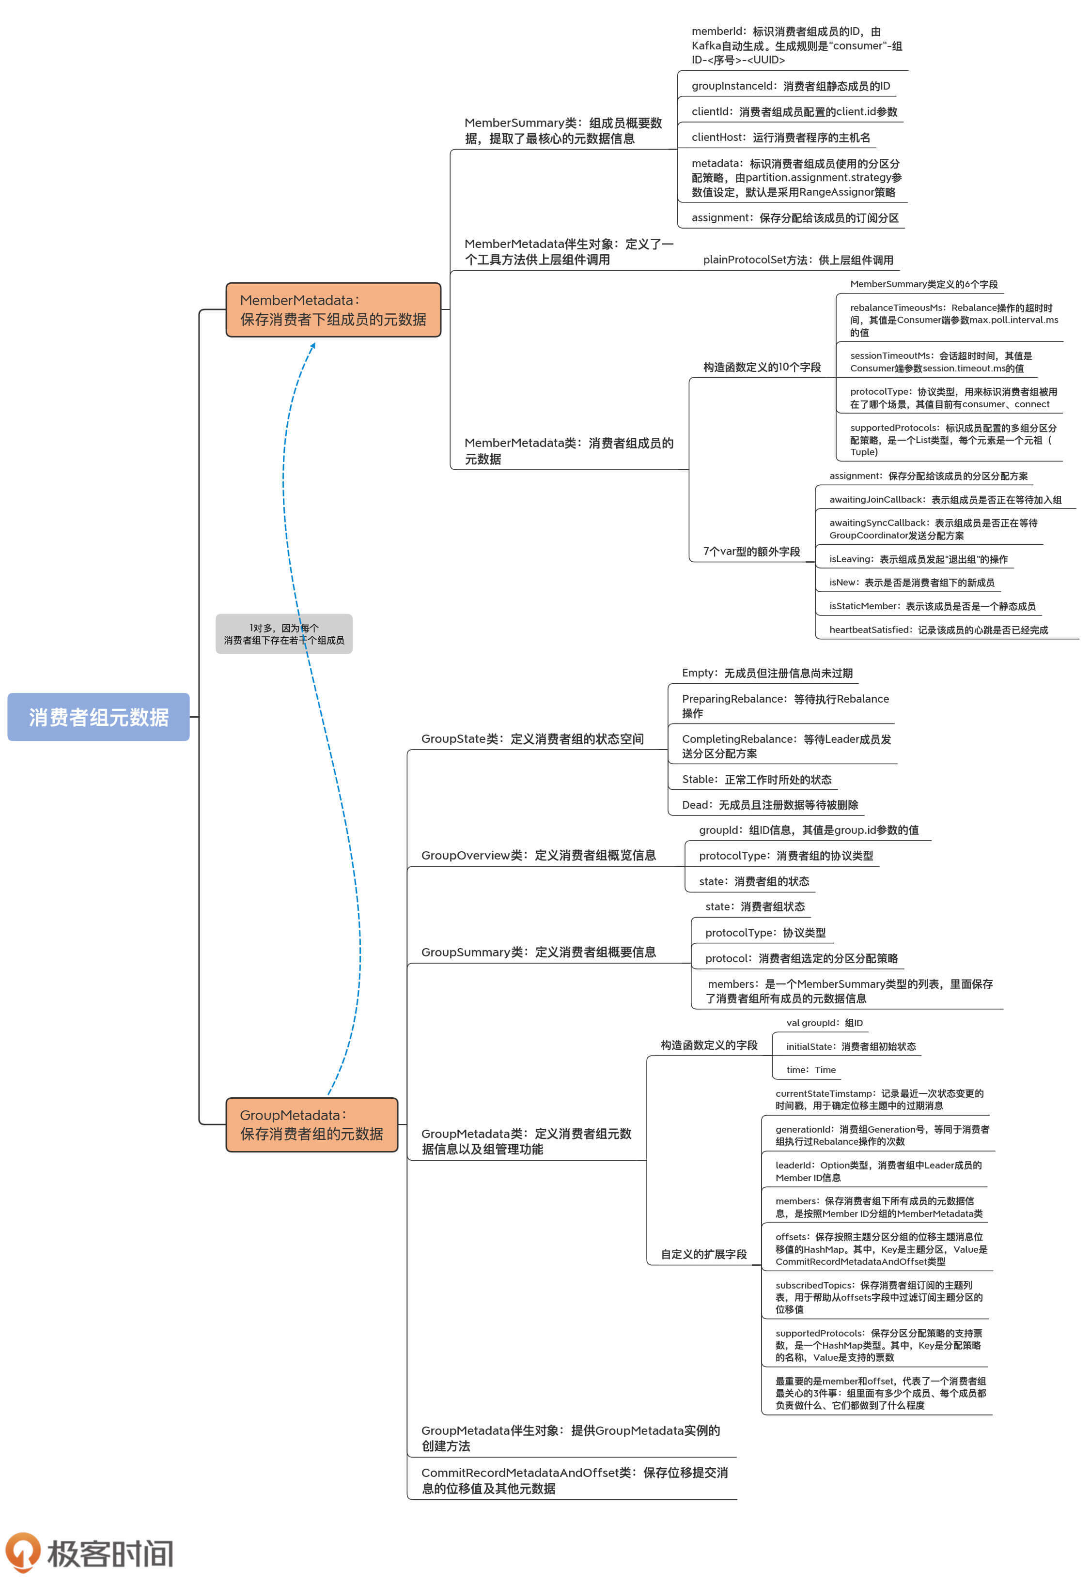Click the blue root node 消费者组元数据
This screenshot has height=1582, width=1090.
(98, 717)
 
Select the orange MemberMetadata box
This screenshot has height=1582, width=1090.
(333, 310)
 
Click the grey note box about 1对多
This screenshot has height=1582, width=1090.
(283, 634)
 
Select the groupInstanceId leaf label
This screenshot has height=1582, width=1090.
(790, 86)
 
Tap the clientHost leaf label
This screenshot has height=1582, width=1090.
(780, 137)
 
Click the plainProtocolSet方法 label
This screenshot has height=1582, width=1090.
(798, 260)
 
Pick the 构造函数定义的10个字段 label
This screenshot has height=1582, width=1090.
(762, 367)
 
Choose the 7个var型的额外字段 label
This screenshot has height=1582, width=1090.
(751, 552)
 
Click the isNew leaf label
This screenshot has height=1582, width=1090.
(911, 582)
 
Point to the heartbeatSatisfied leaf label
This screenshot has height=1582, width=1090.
(938, 629)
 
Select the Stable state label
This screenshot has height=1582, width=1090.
(756, 780)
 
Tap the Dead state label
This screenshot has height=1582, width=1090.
(770, 805)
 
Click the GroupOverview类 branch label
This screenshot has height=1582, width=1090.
(538, 855)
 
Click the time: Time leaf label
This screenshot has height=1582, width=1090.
(810, 1070)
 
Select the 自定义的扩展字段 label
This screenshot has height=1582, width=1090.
(703, 1254)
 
